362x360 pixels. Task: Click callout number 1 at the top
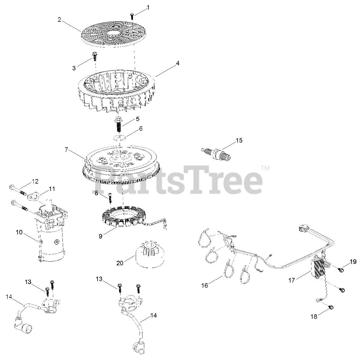[x=148, y=8]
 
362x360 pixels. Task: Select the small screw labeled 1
[x=132, y=16]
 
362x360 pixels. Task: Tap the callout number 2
[x=59, y=20]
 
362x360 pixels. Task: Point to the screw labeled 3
[x=94, y=56]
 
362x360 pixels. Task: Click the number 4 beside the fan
[x=178, y=63]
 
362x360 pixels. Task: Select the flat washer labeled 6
[x=120, y=137]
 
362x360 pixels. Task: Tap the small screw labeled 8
[x=110, y=199]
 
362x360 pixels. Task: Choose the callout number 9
[x=100, y=236]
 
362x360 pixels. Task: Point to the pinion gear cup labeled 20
[x=150, y=254]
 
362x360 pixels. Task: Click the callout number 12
[x=35, y=181]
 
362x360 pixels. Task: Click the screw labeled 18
[x=331, y=308]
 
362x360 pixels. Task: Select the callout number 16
[x=204, y=285]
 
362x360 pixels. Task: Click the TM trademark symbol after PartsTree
[x=266, y=168]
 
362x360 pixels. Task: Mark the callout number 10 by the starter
[x=19, y=232]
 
